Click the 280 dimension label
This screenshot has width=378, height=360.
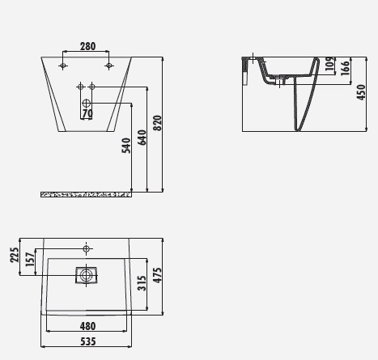(x=87, y=46)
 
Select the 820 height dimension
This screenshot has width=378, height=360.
(x=157, y=123)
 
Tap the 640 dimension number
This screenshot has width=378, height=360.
(x=142, y=138)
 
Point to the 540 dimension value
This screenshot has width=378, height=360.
(x=126, y=146)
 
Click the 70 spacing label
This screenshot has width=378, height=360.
(x=87, y=113)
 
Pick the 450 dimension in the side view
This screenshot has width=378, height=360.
(x=361, y=92)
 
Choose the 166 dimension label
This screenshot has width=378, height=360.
(x=346, y=68)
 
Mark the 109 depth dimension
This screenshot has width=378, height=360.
(x=329, y=64)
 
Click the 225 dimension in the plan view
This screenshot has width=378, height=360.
(x=15, y=255)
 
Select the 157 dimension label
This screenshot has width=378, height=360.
(x=30, y=260)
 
